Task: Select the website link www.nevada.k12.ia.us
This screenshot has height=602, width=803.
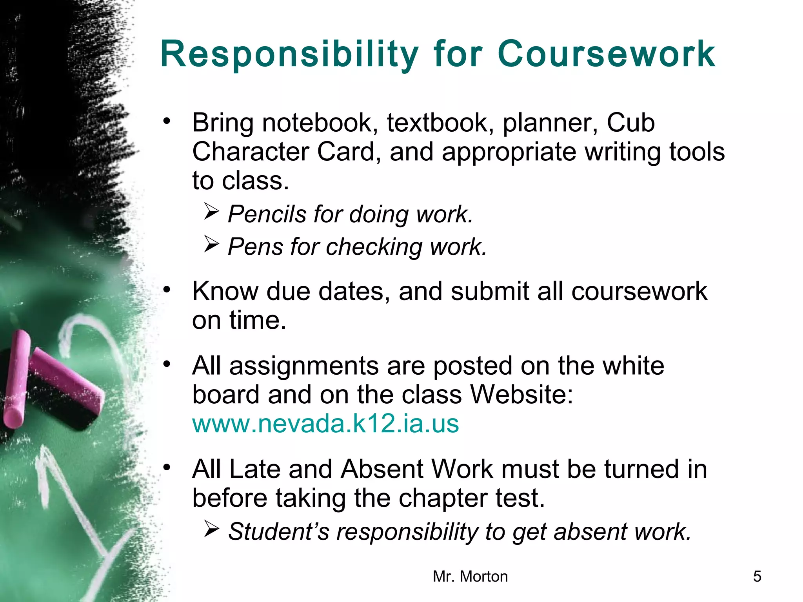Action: click(x=325, y=424)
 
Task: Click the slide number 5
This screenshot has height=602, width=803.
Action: click(x=757, y=577)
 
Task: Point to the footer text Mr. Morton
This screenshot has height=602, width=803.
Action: click(x=470, y=577)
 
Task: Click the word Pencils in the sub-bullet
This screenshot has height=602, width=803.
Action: click(x=267, y=214)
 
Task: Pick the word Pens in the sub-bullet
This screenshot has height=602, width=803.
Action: click(x=255, y=247)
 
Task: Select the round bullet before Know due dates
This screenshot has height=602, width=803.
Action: click(x=167, y=290)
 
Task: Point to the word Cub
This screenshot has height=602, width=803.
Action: click(x=630, y=123)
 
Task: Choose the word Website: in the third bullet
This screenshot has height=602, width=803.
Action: click(x=521, y=394)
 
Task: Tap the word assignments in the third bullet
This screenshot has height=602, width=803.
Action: click(x=304, y=366)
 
